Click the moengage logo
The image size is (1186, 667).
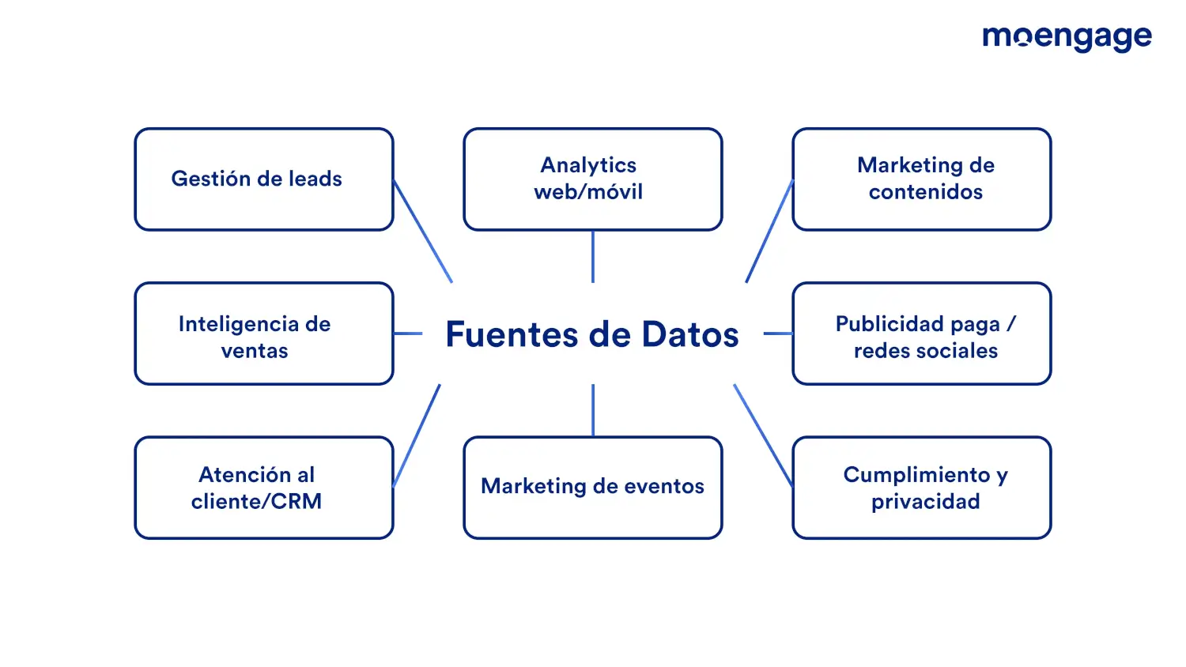pyautogui.click(x=1067, y=39)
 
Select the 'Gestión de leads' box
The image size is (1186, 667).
pyautogui.click(x=264, y=179)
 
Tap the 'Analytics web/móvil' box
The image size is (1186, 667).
pyautogui.click(x=593, y=179)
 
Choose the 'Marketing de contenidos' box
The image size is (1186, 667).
pyautogui.click(x=922, y=179)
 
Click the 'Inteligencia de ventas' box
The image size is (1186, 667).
pyautogui.click(x=264, y=333)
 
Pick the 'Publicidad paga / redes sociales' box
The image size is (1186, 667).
pyautogui.click(x=922, y=333)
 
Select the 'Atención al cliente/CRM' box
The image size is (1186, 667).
pyautogui.click(x=264, y=488)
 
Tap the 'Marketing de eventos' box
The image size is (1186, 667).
pyautogui.click(x=593, y=488)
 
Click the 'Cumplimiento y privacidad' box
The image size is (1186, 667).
pyautogui.click(x=922, y=488)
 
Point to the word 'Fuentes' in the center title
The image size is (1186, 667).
pyautogui.click(x=512, y=334)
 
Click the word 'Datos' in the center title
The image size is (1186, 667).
pyautogui.click(x=690, y=334)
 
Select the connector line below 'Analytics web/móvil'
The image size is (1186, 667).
pyautogui.click(x=593, y=257)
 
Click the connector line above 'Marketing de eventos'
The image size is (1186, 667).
pyautogui.click(x=593, y=410)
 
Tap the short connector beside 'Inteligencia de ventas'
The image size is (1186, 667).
pyautogui.click(x=408, y=333)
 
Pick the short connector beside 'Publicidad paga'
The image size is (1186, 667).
pyautogui.click(x=778, y=333)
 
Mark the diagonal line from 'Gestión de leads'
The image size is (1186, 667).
pyautogui.click(x=422, y=232)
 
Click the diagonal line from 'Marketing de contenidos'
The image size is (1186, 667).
pyautogui.click(x=769, y=232)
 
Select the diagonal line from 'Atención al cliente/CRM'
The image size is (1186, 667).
pyautogui.click(x=417, y=435)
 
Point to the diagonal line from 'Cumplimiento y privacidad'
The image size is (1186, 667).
pyautogui.click(x=763, y=435)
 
